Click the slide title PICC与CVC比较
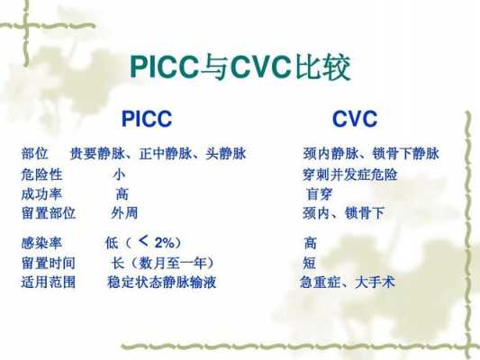pos(240,67)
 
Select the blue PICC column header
pos(147,119)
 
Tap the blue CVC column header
pos(355,119)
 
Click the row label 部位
pos(35,153)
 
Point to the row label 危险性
pos(41,175)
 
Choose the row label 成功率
pos(41,193)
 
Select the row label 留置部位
pos(49,213)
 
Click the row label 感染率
pos(41,243)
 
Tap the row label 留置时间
pos(49,263)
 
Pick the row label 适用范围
pos(49,282)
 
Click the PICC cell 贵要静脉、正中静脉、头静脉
pos(158,153)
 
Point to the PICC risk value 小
pos(119,175)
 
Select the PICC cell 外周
pos(124,213)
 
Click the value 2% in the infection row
pos(165,243)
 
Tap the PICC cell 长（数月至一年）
pos(162,263)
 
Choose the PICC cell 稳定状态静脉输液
pos(161,282)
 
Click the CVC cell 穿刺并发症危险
pos(350,175)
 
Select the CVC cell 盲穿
pos(319,193)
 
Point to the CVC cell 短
pos(309,263)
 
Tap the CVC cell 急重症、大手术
pos(347,282)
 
